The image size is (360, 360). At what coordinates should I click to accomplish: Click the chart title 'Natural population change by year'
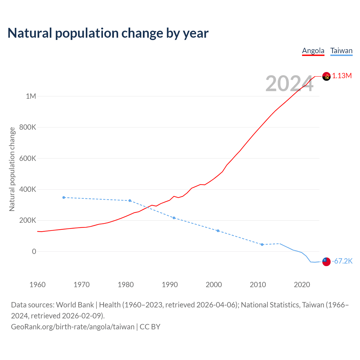[108, 33]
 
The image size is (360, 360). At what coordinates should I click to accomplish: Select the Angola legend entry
[313, 51]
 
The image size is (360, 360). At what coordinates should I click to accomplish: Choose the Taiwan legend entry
[341, 51]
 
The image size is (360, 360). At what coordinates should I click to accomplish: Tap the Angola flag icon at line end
[326, 76]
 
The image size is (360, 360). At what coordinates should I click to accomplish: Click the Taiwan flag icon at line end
[326, 262]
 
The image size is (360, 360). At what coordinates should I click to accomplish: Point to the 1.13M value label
[342, 76]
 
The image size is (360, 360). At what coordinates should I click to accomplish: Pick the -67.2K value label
[342, 261]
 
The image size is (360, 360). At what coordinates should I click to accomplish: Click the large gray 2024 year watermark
[289, 84]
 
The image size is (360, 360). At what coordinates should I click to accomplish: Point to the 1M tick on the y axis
[31, 96]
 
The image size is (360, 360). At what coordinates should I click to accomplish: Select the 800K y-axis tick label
[28, 127]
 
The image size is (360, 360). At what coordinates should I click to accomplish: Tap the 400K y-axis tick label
[28, 190]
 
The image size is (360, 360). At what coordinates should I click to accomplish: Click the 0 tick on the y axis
[34, 251]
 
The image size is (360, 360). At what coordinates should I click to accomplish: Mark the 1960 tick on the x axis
[37, 285]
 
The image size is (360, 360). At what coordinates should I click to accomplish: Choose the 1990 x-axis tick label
[170, 285]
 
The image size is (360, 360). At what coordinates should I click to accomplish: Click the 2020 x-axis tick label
[302, 285]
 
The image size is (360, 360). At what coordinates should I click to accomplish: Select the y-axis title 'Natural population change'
[12, 169]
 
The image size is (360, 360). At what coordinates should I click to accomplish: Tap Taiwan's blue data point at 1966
[64, 197]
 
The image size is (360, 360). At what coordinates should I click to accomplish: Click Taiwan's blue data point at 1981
[130, 201]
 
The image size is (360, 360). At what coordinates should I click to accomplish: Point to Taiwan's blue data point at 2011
[262, 245]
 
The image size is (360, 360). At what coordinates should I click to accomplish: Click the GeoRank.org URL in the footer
[73, 327]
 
